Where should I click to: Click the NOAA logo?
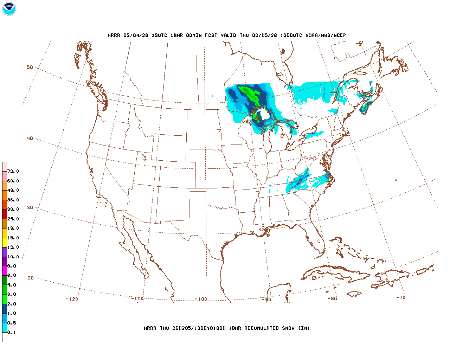9,9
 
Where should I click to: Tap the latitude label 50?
30,67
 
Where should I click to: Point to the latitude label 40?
30,138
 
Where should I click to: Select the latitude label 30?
30,207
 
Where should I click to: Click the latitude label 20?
31,278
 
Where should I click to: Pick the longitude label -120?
72,299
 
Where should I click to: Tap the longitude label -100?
201,299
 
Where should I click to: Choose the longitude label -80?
332,298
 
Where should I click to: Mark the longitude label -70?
401,297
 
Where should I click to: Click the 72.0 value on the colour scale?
13,172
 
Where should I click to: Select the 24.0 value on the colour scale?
13,219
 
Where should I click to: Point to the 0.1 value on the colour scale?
12,333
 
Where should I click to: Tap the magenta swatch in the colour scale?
5,271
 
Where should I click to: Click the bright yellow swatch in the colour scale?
5,242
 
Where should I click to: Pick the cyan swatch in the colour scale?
5,328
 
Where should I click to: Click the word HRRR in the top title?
114,36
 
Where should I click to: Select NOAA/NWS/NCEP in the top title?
326,36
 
